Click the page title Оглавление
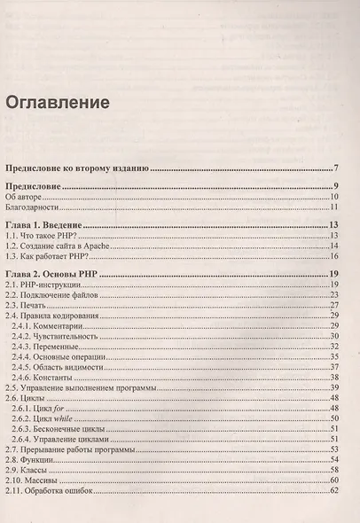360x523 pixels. click(x=58, y=102)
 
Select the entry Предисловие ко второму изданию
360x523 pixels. click(x=76, y=168)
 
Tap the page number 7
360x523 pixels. click(x=338, y=168)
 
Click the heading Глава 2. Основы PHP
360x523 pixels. click(x=59, y=277)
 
